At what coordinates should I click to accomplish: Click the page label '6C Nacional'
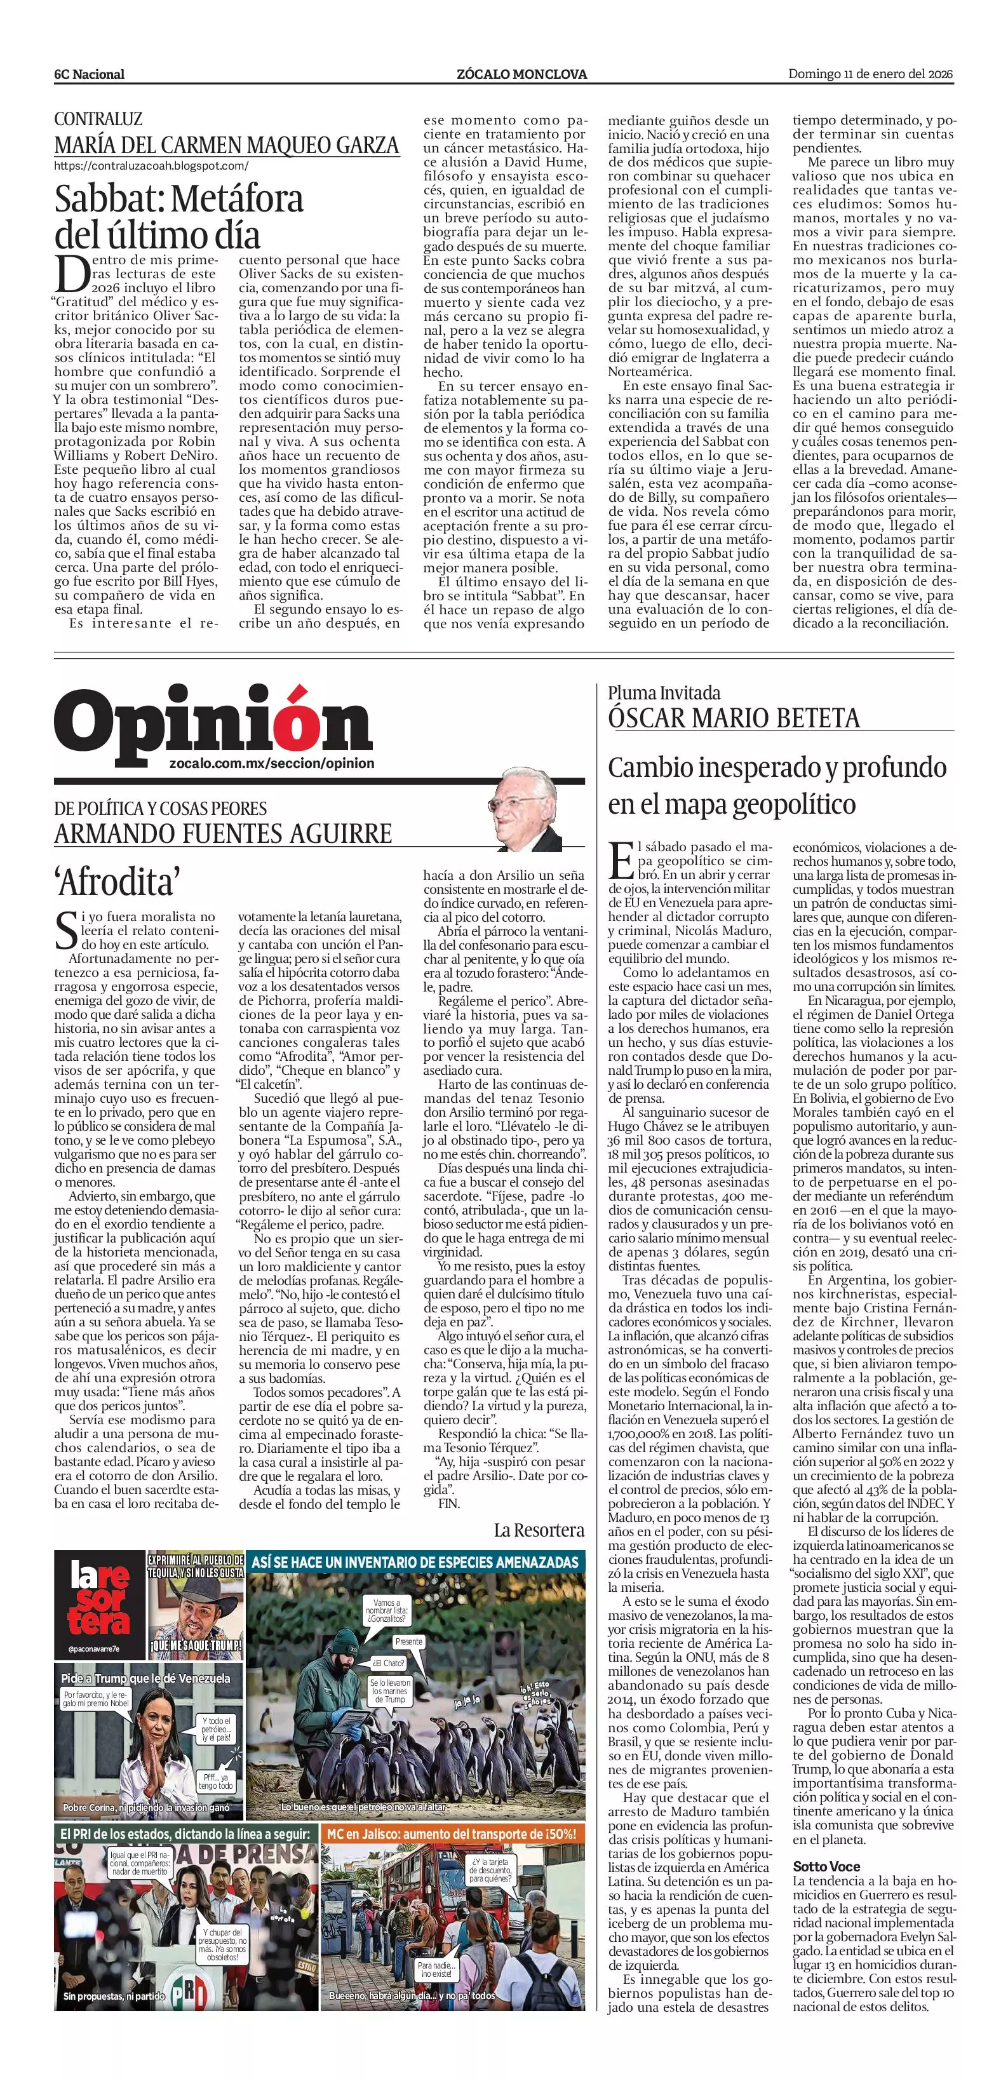coord(89,74)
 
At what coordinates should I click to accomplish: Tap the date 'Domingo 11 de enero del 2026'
coord(871,74)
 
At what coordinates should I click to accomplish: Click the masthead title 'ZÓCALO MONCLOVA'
coord(521,74)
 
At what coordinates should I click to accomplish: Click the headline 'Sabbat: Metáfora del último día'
coord(178,217)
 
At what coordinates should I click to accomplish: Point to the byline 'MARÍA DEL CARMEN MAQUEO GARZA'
coord(226,145)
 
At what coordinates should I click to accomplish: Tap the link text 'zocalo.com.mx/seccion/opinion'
coord(272,764)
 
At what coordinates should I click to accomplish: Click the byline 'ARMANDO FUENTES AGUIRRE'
coord(223,833)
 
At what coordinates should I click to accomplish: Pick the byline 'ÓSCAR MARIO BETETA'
coord(734,717)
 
